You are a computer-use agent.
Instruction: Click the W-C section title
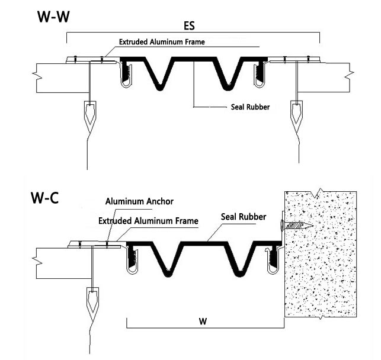(44, 198)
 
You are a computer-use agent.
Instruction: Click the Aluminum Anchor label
(139, 201)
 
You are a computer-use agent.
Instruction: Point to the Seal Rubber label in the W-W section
(249, 107)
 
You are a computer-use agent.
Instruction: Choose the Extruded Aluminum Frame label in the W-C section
(148, 221)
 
